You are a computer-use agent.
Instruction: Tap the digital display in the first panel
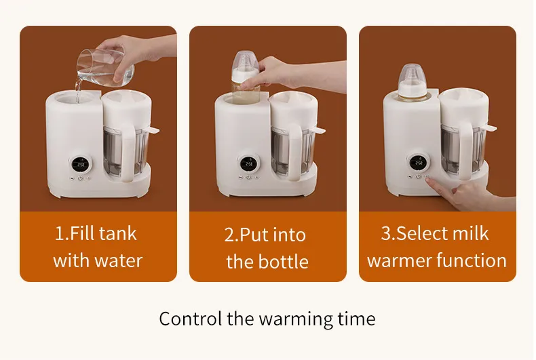point(81,164)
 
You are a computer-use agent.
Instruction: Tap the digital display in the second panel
point(248,163)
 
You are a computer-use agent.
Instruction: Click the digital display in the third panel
point(419,163)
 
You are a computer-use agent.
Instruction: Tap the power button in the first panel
point(80,178)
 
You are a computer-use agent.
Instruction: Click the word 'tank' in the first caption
point(118,234)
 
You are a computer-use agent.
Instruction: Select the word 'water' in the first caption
point(118,261)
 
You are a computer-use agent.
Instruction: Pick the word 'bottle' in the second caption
point(284,262)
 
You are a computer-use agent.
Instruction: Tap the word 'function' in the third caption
point(472,260)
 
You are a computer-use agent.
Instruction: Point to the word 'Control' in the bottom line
point(190,319)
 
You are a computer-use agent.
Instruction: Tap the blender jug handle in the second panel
point(296,152)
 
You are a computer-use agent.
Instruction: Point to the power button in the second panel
point(248,177)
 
